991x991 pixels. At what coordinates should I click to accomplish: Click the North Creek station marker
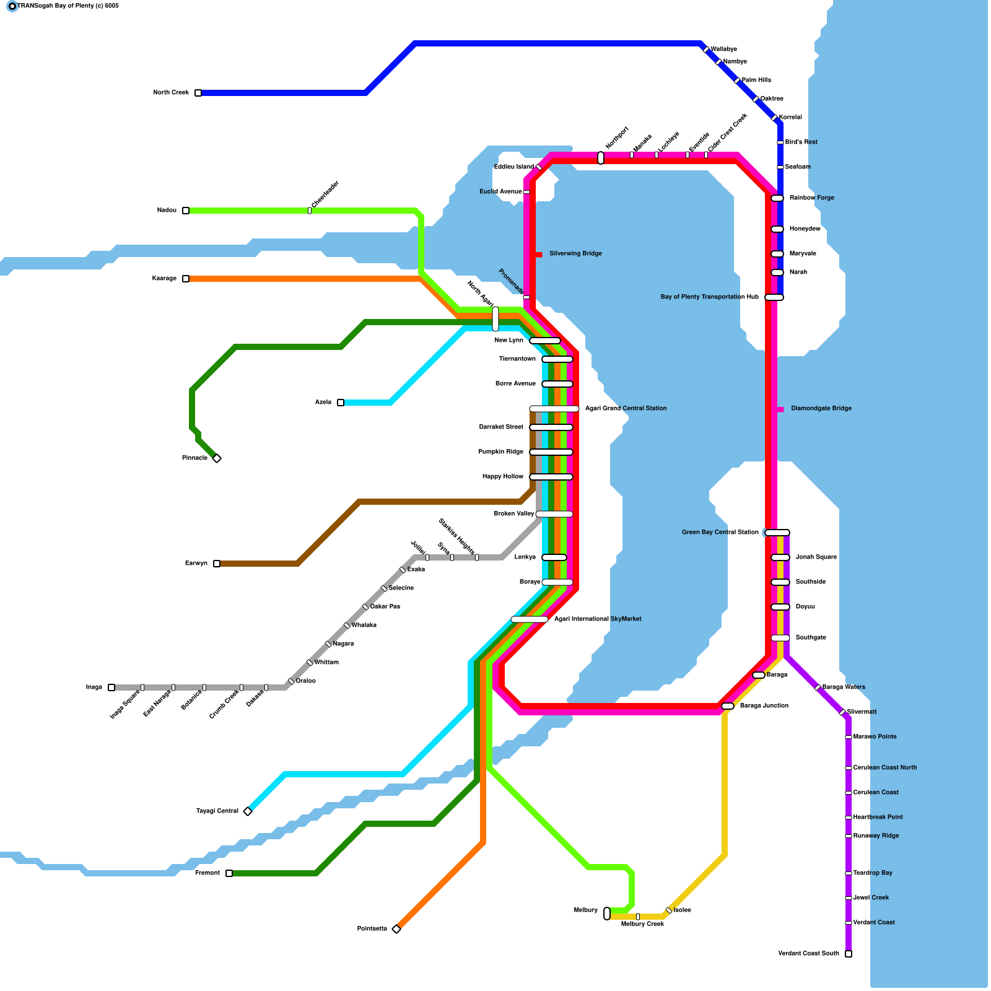[198, 93]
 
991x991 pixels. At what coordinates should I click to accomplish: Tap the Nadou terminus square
[186, 211]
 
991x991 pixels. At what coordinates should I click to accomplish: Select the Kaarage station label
[164, 279]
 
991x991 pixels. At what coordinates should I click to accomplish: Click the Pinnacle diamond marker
[217, 458]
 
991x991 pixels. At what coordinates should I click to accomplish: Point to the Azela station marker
[341, 403]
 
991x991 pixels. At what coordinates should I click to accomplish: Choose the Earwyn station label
[196, 564]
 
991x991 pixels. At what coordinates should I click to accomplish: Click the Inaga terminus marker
[111, 688]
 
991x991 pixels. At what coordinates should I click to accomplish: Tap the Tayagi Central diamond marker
[248, 811]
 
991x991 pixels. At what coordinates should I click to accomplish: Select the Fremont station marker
[229, 873]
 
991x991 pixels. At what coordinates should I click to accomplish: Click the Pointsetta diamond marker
[396, 929]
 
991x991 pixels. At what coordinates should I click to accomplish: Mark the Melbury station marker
[607, 914]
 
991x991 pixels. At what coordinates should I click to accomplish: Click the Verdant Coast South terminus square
[849, 954]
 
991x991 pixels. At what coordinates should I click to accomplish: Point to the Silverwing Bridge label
[575, 254]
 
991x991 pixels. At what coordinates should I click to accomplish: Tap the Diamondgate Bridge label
[821, 409]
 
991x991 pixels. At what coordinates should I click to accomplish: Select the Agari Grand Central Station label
[626, 409]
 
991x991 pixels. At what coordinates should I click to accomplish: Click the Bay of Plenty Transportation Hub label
[710, 297]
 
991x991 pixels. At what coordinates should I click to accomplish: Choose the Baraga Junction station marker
[728, 706]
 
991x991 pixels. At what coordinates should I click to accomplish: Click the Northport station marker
[601, 158]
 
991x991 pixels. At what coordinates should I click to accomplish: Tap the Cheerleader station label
[325, 194]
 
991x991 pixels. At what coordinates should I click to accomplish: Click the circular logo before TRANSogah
[12, 6]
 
